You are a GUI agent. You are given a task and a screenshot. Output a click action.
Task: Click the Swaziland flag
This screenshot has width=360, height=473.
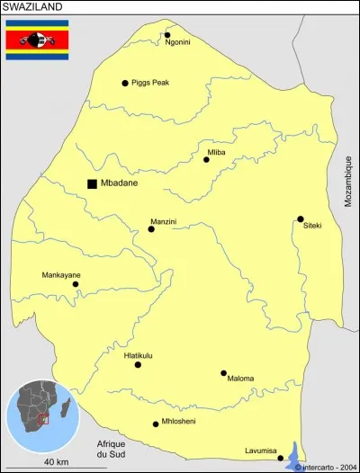37,40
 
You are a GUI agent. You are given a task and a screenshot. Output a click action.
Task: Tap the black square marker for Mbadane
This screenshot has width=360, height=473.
92,183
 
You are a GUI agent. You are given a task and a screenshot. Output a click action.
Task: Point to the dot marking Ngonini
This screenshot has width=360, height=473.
167,35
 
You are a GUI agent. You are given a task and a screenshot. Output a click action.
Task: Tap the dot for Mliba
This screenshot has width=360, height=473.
206,159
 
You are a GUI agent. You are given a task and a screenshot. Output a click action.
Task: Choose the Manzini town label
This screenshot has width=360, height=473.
163,220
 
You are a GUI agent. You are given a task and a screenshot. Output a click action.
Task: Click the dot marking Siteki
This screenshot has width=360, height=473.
301,219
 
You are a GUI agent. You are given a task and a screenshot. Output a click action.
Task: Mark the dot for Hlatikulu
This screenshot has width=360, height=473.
138,364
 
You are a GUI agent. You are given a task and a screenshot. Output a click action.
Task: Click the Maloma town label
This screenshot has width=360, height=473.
241,379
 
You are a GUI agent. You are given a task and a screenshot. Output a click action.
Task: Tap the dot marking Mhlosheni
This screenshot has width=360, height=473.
156,424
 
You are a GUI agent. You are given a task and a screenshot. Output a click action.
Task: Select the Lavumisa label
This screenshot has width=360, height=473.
261,451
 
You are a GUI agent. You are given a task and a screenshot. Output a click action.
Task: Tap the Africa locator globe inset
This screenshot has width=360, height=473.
42,417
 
